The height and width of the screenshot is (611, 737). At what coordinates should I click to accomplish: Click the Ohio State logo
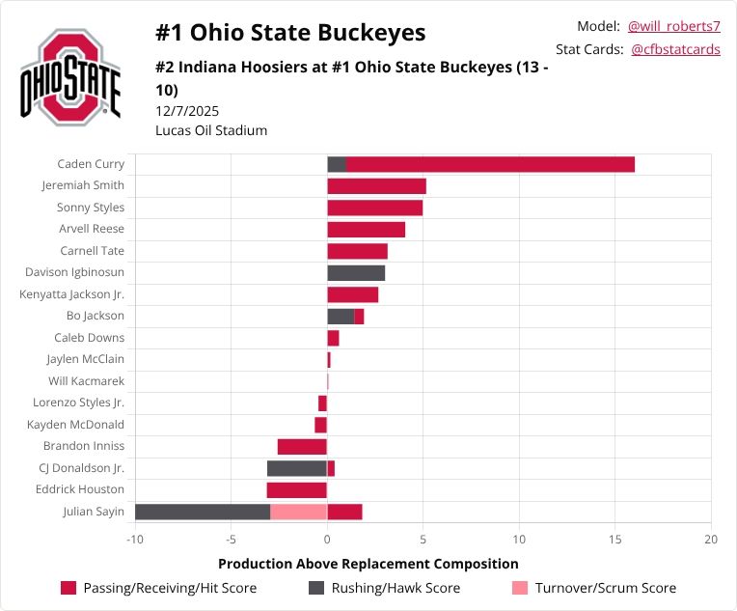click(x=70, y=77)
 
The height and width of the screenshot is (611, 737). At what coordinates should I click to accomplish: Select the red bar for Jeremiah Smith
click(x=376, y=186)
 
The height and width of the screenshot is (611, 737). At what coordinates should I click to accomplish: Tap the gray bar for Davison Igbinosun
click(x=356, y=273)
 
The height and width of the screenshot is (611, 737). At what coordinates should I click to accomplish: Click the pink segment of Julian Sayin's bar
click(x=299, y=512)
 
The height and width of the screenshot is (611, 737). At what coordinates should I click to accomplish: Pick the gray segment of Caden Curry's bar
click(x=337, y=164)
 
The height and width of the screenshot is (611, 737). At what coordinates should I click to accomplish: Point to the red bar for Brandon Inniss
click(x=302, y=447)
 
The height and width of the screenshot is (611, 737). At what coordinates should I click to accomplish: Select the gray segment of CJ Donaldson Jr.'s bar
click(x=297, y=468)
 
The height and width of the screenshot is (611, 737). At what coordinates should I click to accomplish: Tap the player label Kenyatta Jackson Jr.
click(x=71, y=294)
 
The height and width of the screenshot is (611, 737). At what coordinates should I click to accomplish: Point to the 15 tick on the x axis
click(x=615, y=539)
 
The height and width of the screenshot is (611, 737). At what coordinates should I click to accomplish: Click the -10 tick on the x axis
click(x=135, y=539)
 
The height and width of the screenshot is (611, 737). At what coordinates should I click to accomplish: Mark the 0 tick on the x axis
click(x=327, y=539)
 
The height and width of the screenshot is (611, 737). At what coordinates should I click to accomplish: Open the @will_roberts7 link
click(x=673, y=26)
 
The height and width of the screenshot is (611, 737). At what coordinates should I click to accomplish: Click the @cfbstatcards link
click(x=675, y=49)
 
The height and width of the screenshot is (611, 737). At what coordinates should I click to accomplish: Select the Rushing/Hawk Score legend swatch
click(x=316, y=588)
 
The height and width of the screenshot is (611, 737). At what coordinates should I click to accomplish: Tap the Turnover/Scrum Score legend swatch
click(x=520, y=588)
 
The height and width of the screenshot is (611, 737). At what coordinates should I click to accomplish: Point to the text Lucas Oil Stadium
click(x=211, y=130)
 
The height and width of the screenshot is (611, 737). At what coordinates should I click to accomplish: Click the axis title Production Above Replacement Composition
click(x=368, y=564)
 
